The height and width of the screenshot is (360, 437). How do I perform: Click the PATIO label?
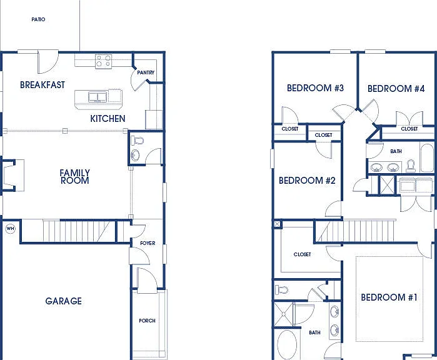click(38, 19)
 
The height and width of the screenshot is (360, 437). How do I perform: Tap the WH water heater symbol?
click(10, 229)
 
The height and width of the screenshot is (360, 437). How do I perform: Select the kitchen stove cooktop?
click(103, 62)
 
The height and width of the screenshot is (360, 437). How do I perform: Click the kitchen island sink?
click(98, 97)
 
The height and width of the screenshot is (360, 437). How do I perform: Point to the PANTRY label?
click(146, 72)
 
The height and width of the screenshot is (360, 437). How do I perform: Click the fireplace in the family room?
click(13, 175)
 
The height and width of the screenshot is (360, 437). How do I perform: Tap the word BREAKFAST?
click(43, 85)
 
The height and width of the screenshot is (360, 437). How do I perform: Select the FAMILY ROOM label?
click(74, 177)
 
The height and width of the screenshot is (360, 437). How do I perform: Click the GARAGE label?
click(64, 301)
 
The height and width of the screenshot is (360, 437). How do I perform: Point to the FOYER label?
click(148, 243)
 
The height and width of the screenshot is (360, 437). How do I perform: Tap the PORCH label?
click(147, 321)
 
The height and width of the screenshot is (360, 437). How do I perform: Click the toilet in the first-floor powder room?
click(137, 140)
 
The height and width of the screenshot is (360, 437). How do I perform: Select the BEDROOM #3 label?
click(315, 88)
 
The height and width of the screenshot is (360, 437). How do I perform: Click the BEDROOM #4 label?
click(396, 89)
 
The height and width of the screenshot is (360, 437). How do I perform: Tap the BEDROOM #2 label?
click(307, 181)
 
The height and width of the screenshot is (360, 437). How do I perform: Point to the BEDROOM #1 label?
click(389, 297)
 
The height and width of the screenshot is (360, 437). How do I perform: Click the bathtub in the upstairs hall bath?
click(427, 157)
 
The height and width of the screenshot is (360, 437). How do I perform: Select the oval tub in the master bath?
click(287, 345)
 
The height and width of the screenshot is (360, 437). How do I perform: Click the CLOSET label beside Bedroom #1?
click(303, 254)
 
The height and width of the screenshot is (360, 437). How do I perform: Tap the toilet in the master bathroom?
click(281, 290)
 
